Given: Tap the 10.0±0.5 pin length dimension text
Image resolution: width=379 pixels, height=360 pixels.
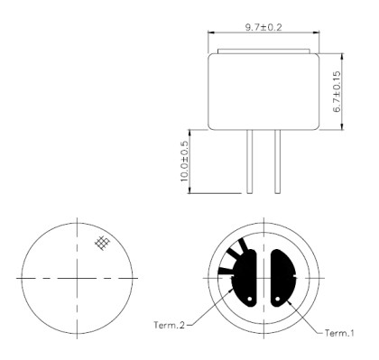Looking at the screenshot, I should click(x=186, y=161).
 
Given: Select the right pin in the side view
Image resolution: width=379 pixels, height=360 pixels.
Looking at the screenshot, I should click(x=276, y=161).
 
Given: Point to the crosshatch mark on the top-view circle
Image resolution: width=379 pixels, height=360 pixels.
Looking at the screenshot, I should click(x=103, y=242).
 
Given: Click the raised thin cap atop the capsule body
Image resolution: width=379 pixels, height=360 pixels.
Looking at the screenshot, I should click(x=262, y=48).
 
